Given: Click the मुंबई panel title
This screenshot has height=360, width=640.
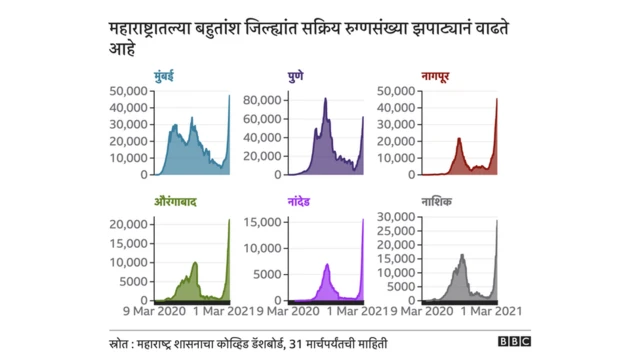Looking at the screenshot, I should (167, 76).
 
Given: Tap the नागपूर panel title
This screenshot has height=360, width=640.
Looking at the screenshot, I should (441, 76).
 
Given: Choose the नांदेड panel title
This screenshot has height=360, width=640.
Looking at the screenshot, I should (304, 202).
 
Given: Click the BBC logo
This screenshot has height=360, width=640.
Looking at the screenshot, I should (514, 340).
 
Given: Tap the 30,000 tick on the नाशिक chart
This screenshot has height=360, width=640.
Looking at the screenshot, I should (396, 216).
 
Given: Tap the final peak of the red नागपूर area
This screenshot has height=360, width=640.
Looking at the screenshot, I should (497, 98).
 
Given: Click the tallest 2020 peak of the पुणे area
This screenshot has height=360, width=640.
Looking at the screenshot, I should (326, 99).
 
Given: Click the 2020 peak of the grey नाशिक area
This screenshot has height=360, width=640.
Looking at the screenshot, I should (462, 255).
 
